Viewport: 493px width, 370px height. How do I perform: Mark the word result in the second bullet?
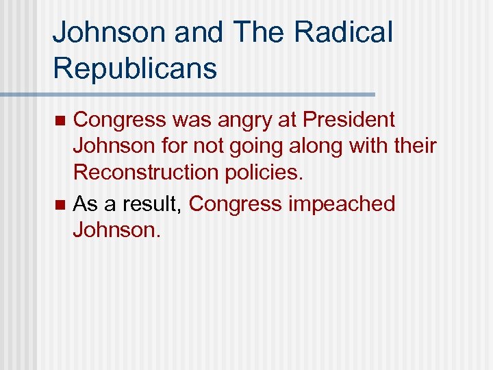click(x=155, y=204)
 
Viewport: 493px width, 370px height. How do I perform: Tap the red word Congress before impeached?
click(x=236, y=204)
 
